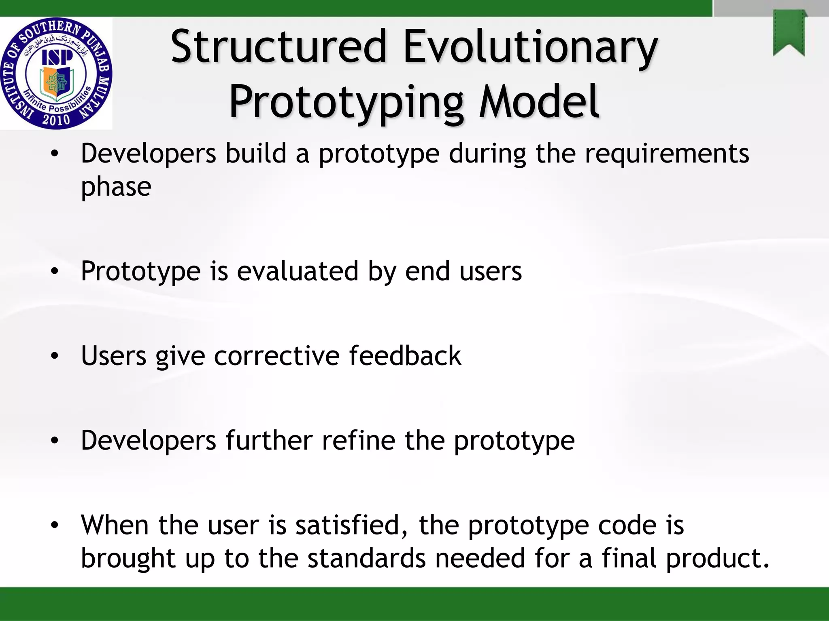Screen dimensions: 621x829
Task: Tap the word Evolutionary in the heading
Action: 530,47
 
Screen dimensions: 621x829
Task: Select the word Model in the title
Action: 538,102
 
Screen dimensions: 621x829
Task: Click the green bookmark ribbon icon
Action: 789,33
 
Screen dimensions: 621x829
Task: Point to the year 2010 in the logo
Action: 56,120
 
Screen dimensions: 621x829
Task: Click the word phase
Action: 116,187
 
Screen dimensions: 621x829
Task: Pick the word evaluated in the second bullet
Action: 298,271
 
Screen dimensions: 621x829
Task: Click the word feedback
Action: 405,356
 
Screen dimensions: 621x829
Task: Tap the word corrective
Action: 277,356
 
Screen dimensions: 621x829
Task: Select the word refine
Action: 359,440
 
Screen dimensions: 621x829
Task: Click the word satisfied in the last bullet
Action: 351,525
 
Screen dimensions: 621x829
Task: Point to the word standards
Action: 366,558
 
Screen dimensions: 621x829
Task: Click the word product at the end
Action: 717,558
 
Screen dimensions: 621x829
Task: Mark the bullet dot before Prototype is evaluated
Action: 55,272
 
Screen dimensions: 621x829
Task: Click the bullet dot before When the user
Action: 55,526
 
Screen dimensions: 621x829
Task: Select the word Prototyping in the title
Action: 346,102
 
